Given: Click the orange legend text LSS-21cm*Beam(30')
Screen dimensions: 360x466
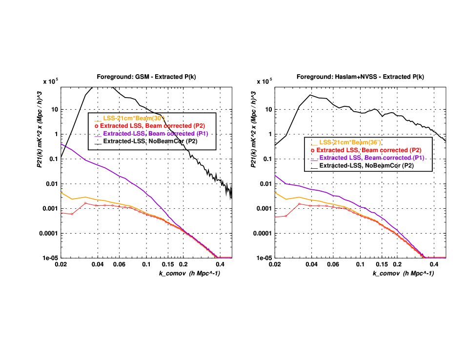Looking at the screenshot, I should (x=133, y=118).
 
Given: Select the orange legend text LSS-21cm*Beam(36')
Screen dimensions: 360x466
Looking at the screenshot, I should (x=349, y=142).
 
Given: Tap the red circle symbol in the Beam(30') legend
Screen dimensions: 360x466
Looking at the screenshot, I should (x=96, y=126).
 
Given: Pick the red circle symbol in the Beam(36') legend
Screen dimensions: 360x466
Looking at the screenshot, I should (x=312, y=151).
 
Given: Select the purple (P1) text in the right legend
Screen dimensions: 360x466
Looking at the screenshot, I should (x=418, y=158).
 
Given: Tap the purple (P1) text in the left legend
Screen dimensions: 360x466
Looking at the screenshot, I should (x=202, y=134).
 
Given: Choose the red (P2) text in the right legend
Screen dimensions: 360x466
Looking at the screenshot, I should (x=415, y=150).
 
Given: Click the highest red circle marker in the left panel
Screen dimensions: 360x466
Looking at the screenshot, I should (x=85, y=203).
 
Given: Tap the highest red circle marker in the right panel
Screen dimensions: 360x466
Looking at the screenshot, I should (x=299, y=203).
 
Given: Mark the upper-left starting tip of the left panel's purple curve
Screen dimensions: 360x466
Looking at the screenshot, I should (x=61, y=144).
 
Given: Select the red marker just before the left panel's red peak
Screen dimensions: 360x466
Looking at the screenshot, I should (x=72, y=214).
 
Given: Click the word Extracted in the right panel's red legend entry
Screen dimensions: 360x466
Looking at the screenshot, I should (x=329, y=150).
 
